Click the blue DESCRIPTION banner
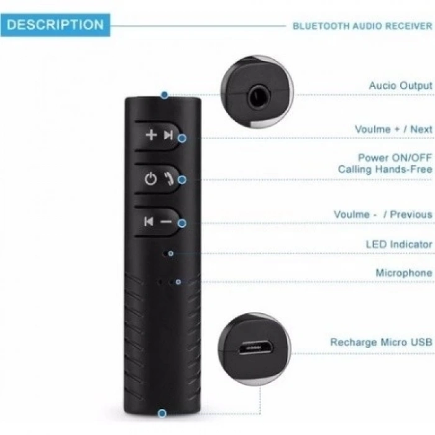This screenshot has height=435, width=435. [55, 25]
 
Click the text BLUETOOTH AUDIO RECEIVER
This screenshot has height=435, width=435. [362, 26]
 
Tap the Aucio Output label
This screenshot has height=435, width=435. [401, 86]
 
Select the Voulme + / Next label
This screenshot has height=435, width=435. [393, 129]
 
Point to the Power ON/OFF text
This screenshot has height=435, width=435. [395, 158]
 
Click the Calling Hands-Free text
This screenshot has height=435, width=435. [385, 169]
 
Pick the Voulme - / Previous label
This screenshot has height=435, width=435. [383, 214]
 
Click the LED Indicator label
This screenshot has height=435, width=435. [399, 244]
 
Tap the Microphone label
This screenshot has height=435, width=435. [404, 273]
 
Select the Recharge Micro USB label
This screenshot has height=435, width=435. [381, 342]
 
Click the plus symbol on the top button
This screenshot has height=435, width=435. [151, 135]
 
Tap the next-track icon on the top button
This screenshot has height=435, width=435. [168, 135]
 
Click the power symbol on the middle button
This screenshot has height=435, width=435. [150, 179]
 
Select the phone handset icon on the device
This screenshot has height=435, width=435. [168, 179]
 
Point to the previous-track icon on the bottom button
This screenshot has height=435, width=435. [149, 221]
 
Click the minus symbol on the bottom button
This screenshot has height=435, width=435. [166, 222]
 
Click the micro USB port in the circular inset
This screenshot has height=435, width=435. [255, 348]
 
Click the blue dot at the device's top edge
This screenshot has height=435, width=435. [165, 95]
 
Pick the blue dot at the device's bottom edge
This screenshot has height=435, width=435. [162, 413]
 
